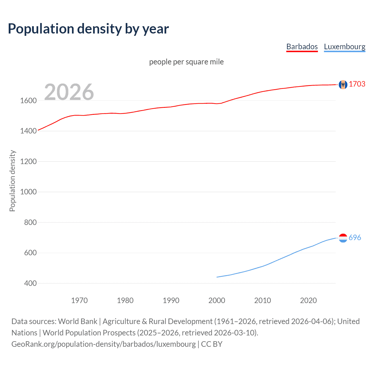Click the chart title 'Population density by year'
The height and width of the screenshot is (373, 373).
pyautogui.click(x=88, y=29)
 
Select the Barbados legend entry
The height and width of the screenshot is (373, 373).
pyautogui.click(x=302, y=47)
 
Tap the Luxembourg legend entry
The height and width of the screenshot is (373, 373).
pyautogui.click(x=344, y=47)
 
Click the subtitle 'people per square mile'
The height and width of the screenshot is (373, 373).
pyautogui.click(x=186, y=62)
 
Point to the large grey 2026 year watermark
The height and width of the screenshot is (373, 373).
pyautogui.click(x=69, y=92)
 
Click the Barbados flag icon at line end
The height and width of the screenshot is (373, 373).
pyautogui.click(x=343, y=85)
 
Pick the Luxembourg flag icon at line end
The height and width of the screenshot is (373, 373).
pyautogui.click(x=343, y=238)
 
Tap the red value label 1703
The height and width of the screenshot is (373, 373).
pyautogui.click(x=357, y=84)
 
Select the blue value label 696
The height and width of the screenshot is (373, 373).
pyautogui.click(x=355, y=237)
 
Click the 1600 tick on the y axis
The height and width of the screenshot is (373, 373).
pyautogui.click(x=28, y=101)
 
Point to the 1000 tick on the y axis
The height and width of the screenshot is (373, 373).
pyautogui.click(x=28, y=192)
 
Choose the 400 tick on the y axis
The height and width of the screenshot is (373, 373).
pyautogui.click(x=30, y=283)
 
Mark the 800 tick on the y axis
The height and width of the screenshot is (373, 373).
pyautogui.click(x=30, y=222)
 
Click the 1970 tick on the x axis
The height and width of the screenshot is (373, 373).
pyautogui.click(x=79, y=300)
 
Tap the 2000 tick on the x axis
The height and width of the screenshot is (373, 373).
pyautogui.click(x=217, y=300)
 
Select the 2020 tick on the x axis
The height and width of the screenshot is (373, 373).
pyautogui.click(x=308, y=300)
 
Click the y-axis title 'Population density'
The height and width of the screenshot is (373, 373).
pyautogui.click(x=12, y=181)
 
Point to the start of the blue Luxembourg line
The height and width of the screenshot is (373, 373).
pyautogui.click(x=217, y=277)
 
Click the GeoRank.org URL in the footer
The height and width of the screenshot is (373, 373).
pyautogui.click(x=103, y=344)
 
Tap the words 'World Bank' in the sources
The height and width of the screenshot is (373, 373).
pyautogui.click(x=78, y=321)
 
